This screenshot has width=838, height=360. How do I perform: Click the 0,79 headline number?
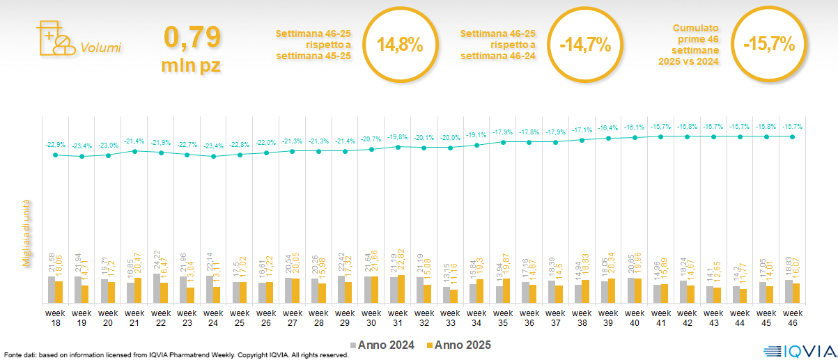[x=192, y=36]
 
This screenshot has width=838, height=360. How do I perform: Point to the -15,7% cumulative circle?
[x=769, y=45]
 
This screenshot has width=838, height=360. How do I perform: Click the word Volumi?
[x=100, y=48]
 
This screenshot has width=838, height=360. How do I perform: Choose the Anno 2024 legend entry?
[x=382, y=345]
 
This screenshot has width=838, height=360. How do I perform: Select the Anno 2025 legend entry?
[x=459, y=345]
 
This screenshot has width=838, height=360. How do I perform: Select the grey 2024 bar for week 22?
[x=157, y=288]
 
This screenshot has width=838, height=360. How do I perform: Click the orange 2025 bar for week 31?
[x=401, y=290]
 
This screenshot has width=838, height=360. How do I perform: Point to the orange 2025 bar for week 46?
[x=796, y=293]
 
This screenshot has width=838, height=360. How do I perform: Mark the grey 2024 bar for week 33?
[x=447, y=295]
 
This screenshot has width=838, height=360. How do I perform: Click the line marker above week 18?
[x=56, y=155]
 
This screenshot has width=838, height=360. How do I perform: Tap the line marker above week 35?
[x=503, y=142]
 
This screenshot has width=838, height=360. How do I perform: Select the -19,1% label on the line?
[x=476, y=134]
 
